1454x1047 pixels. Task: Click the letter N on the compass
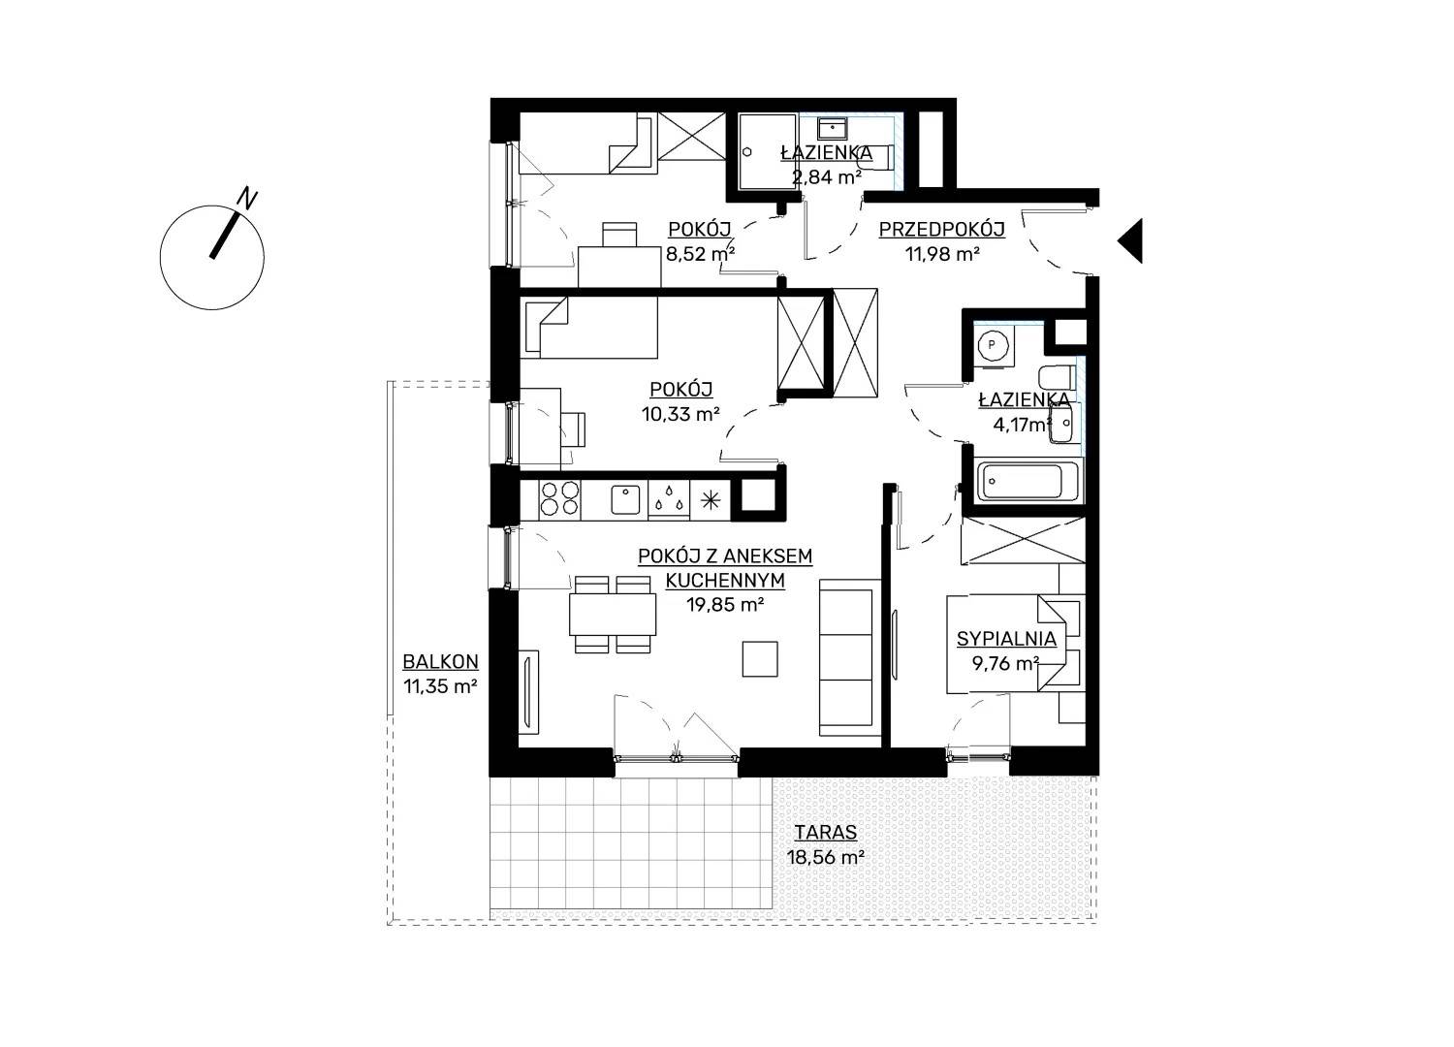(x=246, y=199)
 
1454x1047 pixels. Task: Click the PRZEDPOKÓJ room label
(x=942, y=229)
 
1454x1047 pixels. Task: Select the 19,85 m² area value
(x=725, y=605)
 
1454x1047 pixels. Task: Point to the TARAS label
(x=826, y=832)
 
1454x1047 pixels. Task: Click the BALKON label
(x=441, y=662)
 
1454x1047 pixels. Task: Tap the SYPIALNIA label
(x=1007, y=639)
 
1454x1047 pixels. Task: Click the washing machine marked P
(x=992, y=346)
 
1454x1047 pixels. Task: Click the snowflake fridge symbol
(x=711, y=500)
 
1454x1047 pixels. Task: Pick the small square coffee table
(x=761, y=659)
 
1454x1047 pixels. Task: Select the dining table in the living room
(x=612, y=614)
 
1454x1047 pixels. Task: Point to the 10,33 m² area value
(x=680, y=414)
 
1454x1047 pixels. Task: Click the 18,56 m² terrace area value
(x=826, y=857)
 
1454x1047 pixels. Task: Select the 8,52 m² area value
(x=700, y=254)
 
